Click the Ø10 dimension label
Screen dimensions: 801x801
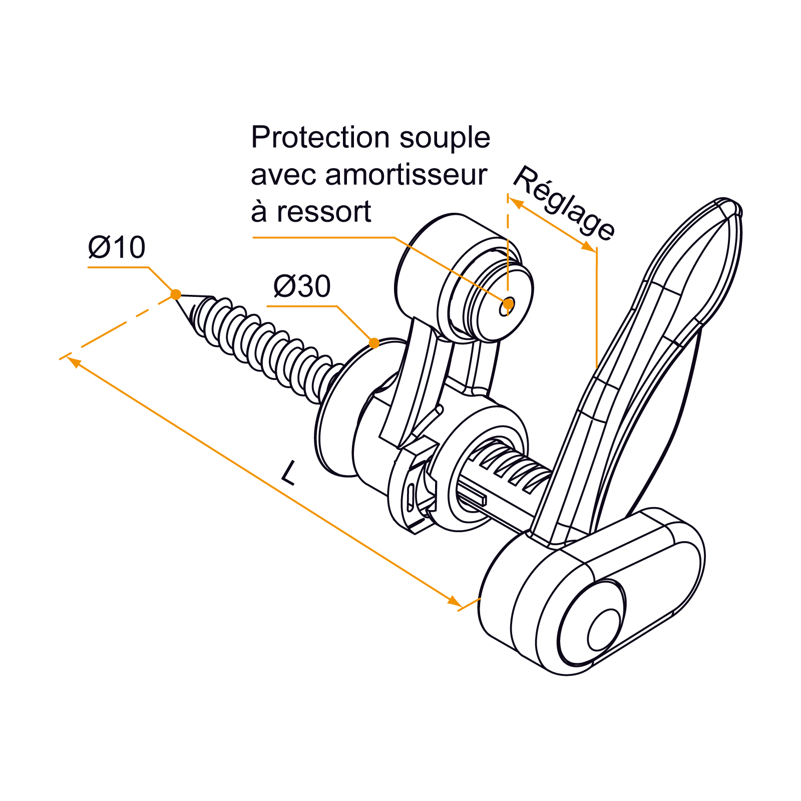[117, 247]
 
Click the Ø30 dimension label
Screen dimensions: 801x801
[302, 286]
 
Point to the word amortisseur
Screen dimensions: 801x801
[406, 175]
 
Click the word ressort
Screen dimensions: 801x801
[324, 212]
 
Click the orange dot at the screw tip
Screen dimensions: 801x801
[176, 294]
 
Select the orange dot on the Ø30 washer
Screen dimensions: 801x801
[374, 343]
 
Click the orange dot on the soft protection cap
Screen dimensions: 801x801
[508, 303]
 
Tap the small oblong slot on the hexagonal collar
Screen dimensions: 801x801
[411, 499]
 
